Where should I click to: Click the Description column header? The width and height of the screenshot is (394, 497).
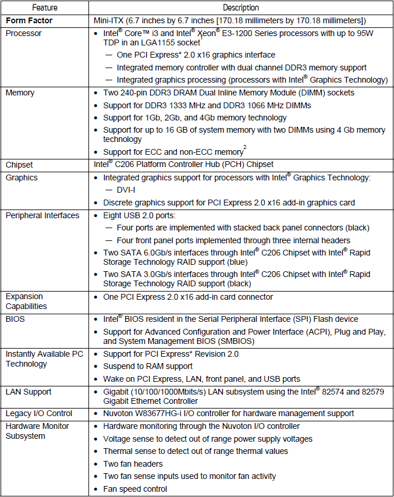pyautogui.click(x=241, y=8)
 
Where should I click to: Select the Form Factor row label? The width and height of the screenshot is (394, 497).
pyautogui.click(x=29, y=21)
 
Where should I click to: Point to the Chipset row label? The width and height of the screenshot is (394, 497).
pyautogui.click(x=20, y=165)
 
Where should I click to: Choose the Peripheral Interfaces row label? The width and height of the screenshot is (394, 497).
pyautogui.click(x=42, y=215)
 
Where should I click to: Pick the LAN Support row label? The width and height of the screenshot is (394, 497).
pyautogui.click(x=30, y=392)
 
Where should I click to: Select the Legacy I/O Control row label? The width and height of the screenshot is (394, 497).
pyautogui.click(x=39, y=413)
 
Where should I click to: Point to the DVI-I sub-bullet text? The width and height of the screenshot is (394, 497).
pyautogui.click(x=127, y=190)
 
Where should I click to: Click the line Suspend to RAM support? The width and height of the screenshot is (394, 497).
pyautogui.click(x=148, y=366)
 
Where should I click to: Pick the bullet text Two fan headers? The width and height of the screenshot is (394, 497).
pyautogui.click(x=133, y=464)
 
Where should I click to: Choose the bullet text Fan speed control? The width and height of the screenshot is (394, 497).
pyautogui.click(x=135, y=489)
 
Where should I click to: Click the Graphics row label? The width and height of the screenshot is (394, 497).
pyautogui.click(x=22, y=177)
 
